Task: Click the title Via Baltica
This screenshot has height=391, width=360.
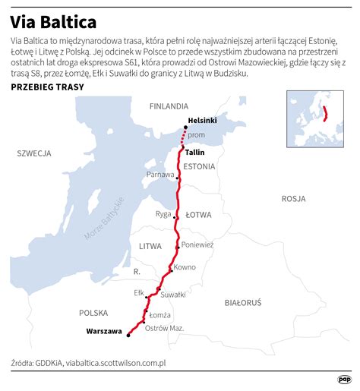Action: pyautogui.click(x=52, y=19)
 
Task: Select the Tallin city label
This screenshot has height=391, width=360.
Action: pyautogui.click(x=195, y=152)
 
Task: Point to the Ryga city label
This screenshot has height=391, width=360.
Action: pyautogui.click(x=163, y=214)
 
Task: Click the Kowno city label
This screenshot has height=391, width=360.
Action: pyautogui.click(x=185, y=267)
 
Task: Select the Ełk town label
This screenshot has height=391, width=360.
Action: pyautogui.click(x=138, y=292)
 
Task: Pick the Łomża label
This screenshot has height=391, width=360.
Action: pyautogui.click(x=160, y=314)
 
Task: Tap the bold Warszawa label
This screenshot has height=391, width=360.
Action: pyautogui.click(x=104, y=332)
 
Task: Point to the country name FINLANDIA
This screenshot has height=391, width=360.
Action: pyautogui.click(x=169, y=106)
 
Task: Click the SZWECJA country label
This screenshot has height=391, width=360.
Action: pyautogui.click(x=34, y=153)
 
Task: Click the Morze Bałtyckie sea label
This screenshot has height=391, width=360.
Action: pyautogui.click(x=104, y=220)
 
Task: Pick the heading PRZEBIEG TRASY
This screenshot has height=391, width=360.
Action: pyautogui.click(x=47, y=87)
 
